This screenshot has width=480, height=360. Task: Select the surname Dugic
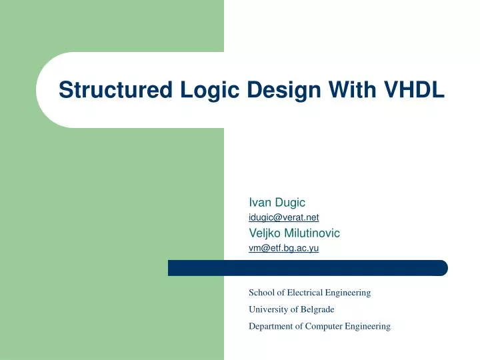pyautogui.click(x=290, y=202)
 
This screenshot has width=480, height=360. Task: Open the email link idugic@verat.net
pyautogui.click(x=283, y=217)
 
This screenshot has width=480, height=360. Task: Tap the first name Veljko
pyautogui.click(x=264, y=233)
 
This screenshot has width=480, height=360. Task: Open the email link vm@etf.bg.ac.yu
pyautogui.click(x=283, y=248)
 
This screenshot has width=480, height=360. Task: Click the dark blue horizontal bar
pyautogui.click(x=307, y=268)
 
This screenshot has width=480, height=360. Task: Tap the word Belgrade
pyautogui.click(x=317, y=309)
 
